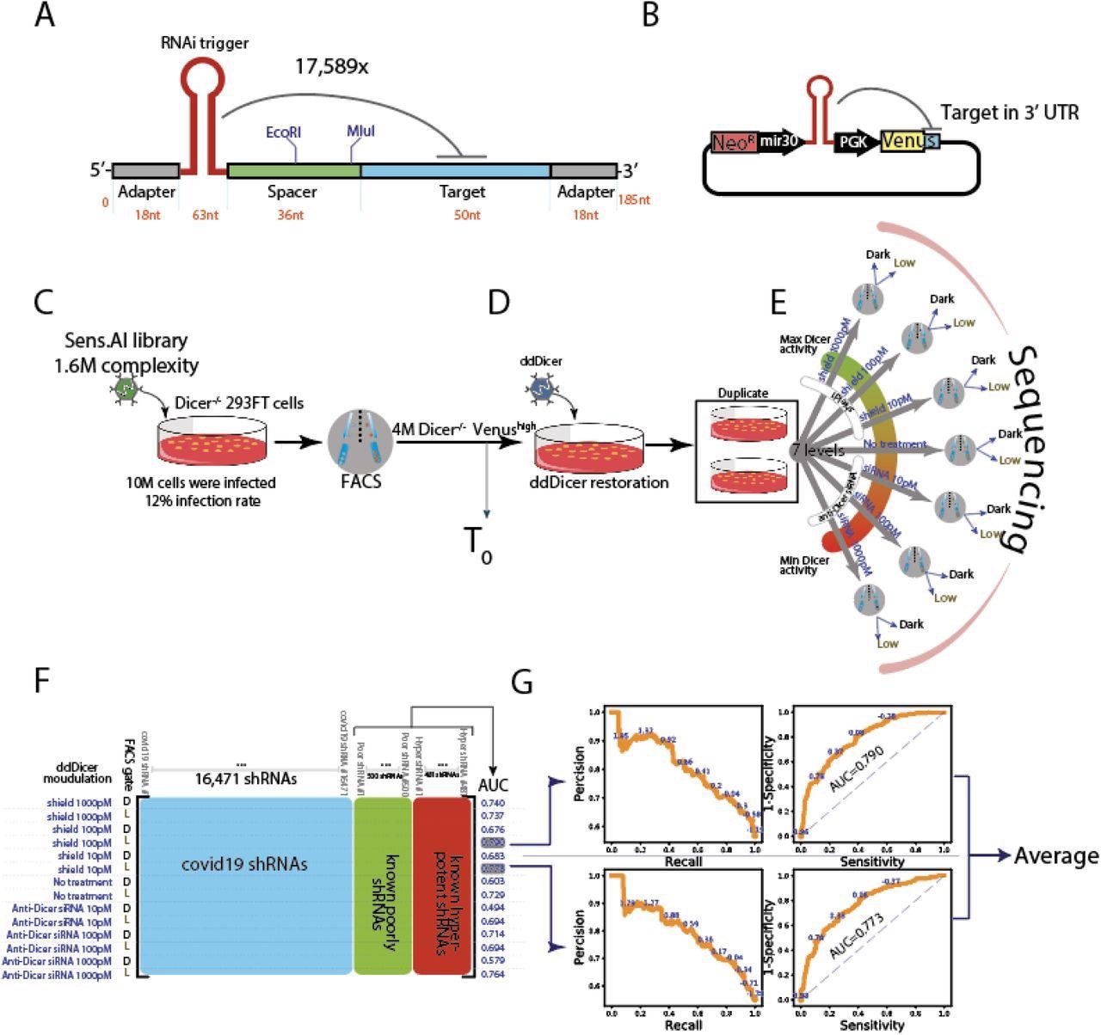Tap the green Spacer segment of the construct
pos(293,170)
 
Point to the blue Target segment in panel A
pos(455,170)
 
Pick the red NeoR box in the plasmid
pos(734,143)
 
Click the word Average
pos(1056,855)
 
